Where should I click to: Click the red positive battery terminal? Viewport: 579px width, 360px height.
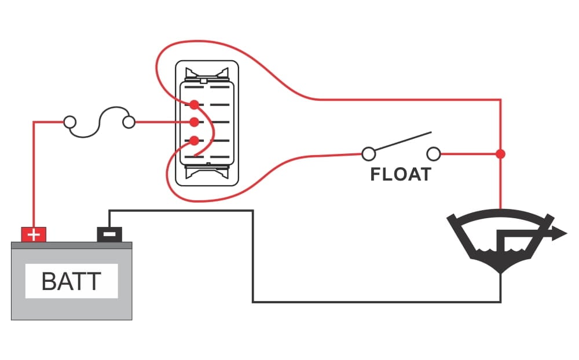click(34, 234)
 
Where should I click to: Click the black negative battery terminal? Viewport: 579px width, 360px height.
click(109, 234)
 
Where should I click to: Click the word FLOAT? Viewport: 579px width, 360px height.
click(401, 174)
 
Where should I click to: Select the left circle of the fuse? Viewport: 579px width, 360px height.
click(69, 122)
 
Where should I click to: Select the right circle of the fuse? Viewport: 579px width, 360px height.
click(129, 122)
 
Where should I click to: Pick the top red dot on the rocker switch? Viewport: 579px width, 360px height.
click(195, 104)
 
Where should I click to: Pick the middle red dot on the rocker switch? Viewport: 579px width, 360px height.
click(195, 122)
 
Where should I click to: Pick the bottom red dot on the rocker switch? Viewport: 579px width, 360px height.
click(195, 140)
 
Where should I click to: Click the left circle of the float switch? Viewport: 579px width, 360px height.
click(368, 154)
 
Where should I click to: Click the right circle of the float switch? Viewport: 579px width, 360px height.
click(434, 154)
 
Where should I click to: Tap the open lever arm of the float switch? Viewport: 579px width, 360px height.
click(401, 143)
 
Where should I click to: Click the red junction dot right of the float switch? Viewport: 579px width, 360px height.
click(501, 154)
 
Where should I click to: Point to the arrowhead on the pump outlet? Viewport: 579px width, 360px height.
click(559, 234)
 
